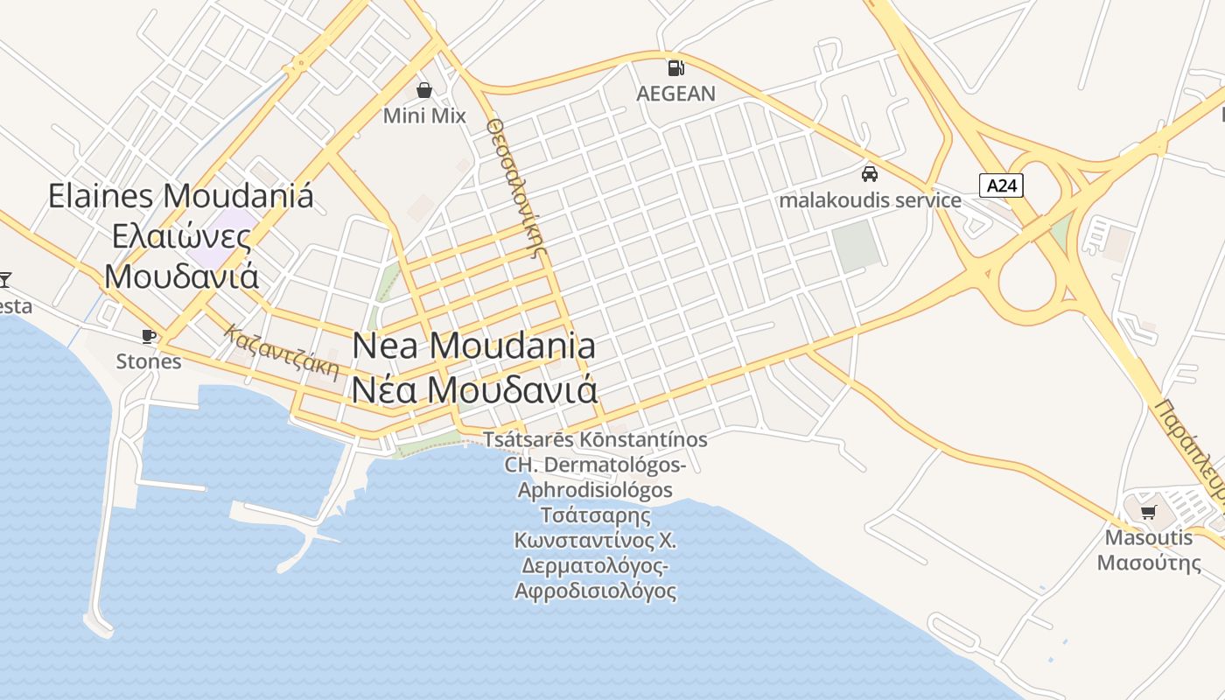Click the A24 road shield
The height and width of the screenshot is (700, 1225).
(x=1001, y=185)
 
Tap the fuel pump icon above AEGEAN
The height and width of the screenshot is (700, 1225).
(x=675, y=67)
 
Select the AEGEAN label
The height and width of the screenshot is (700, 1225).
(x=675, y=94)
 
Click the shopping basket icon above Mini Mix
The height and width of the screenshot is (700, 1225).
(x=424, y=90)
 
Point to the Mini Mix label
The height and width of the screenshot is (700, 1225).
(x=424, y=115)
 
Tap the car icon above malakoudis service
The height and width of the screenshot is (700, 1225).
(x=870, y=174)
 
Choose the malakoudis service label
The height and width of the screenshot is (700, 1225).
(x=870, y=200)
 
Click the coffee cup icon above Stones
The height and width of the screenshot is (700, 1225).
(x=149, y=336)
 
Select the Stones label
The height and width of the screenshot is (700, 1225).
(x=149, y=361)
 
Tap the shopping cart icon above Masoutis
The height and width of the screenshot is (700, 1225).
(x=1149, y=512)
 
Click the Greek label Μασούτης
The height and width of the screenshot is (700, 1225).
(x=1149, y=562)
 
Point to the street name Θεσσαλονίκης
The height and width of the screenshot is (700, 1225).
(x=516, y=185)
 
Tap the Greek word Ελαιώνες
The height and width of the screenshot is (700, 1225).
(x=181, y=236)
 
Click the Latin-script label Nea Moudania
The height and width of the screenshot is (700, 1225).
(x=473, y=346)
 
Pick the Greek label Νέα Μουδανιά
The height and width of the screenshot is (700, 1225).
(x=473, y=387)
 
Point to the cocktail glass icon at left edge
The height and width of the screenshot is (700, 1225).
(x=4, y=280)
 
